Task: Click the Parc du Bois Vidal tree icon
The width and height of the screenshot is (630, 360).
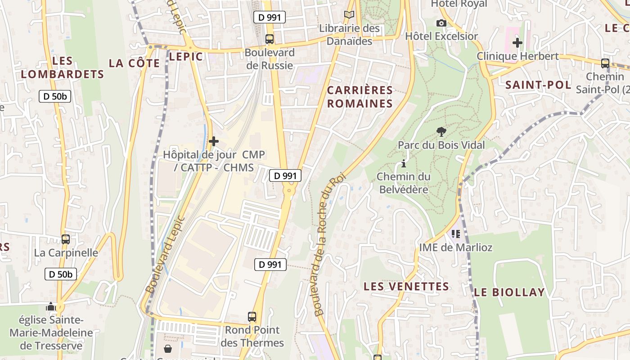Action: coord(441,131)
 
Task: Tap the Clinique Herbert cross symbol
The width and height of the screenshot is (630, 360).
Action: coord(517,43)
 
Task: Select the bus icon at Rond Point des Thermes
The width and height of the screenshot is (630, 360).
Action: coord(252,317)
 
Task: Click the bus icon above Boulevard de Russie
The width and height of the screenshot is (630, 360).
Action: coord(269,39)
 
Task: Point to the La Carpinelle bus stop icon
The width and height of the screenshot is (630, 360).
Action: coord(66,239)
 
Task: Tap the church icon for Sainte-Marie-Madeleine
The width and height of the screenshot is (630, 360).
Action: coord(51,307)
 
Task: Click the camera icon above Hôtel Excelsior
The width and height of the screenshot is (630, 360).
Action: coord(441,23)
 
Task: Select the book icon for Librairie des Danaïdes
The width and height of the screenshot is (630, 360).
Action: coord(349,15)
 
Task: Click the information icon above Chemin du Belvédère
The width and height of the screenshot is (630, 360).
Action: coord(404,163)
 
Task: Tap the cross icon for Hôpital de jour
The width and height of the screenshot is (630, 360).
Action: coord(214,141)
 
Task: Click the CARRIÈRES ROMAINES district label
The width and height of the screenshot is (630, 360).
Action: coord(360,97)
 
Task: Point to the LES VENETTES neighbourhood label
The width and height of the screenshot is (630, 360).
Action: coord(406,286)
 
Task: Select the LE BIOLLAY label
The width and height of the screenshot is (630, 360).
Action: coord(509,292)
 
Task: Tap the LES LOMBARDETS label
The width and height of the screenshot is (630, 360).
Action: coord(63,67)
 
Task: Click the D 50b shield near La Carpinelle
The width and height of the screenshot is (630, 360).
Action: coord(61,274)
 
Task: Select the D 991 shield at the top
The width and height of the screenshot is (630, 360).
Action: coord(270,18)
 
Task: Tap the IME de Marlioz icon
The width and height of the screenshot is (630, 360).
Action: coord(455,234)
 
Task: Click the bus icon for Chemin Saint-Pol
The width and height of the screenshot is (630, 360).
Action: coord(605,63)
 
